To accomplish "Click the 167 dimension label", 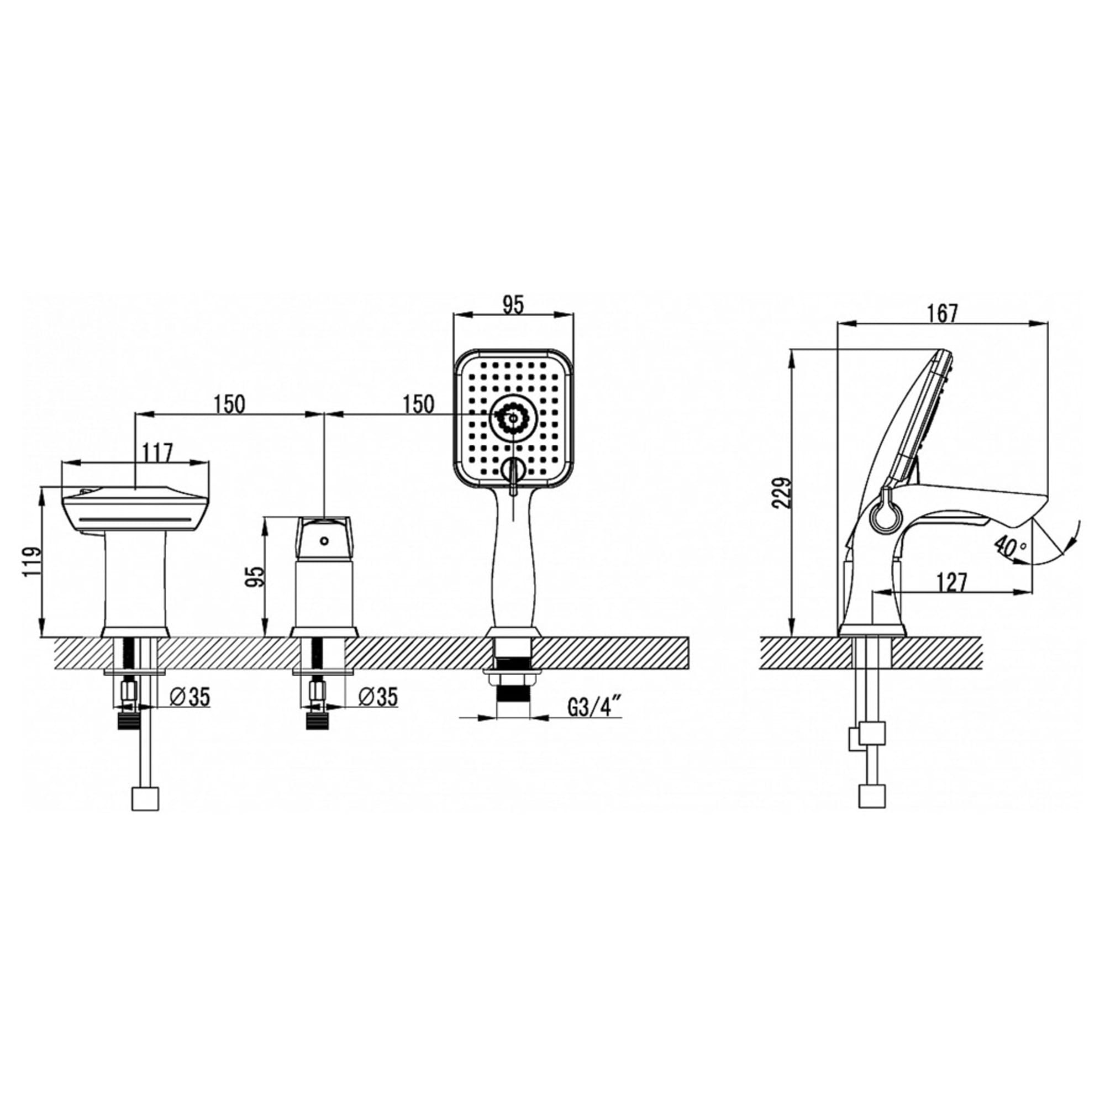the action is [x=943, y=313].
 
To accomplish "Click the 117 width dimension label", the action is [x=157, y=454].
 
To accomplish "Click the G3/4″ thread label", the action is [x=594, y=708].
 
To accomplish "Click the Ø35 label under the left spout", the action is [x=191, y=696].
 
